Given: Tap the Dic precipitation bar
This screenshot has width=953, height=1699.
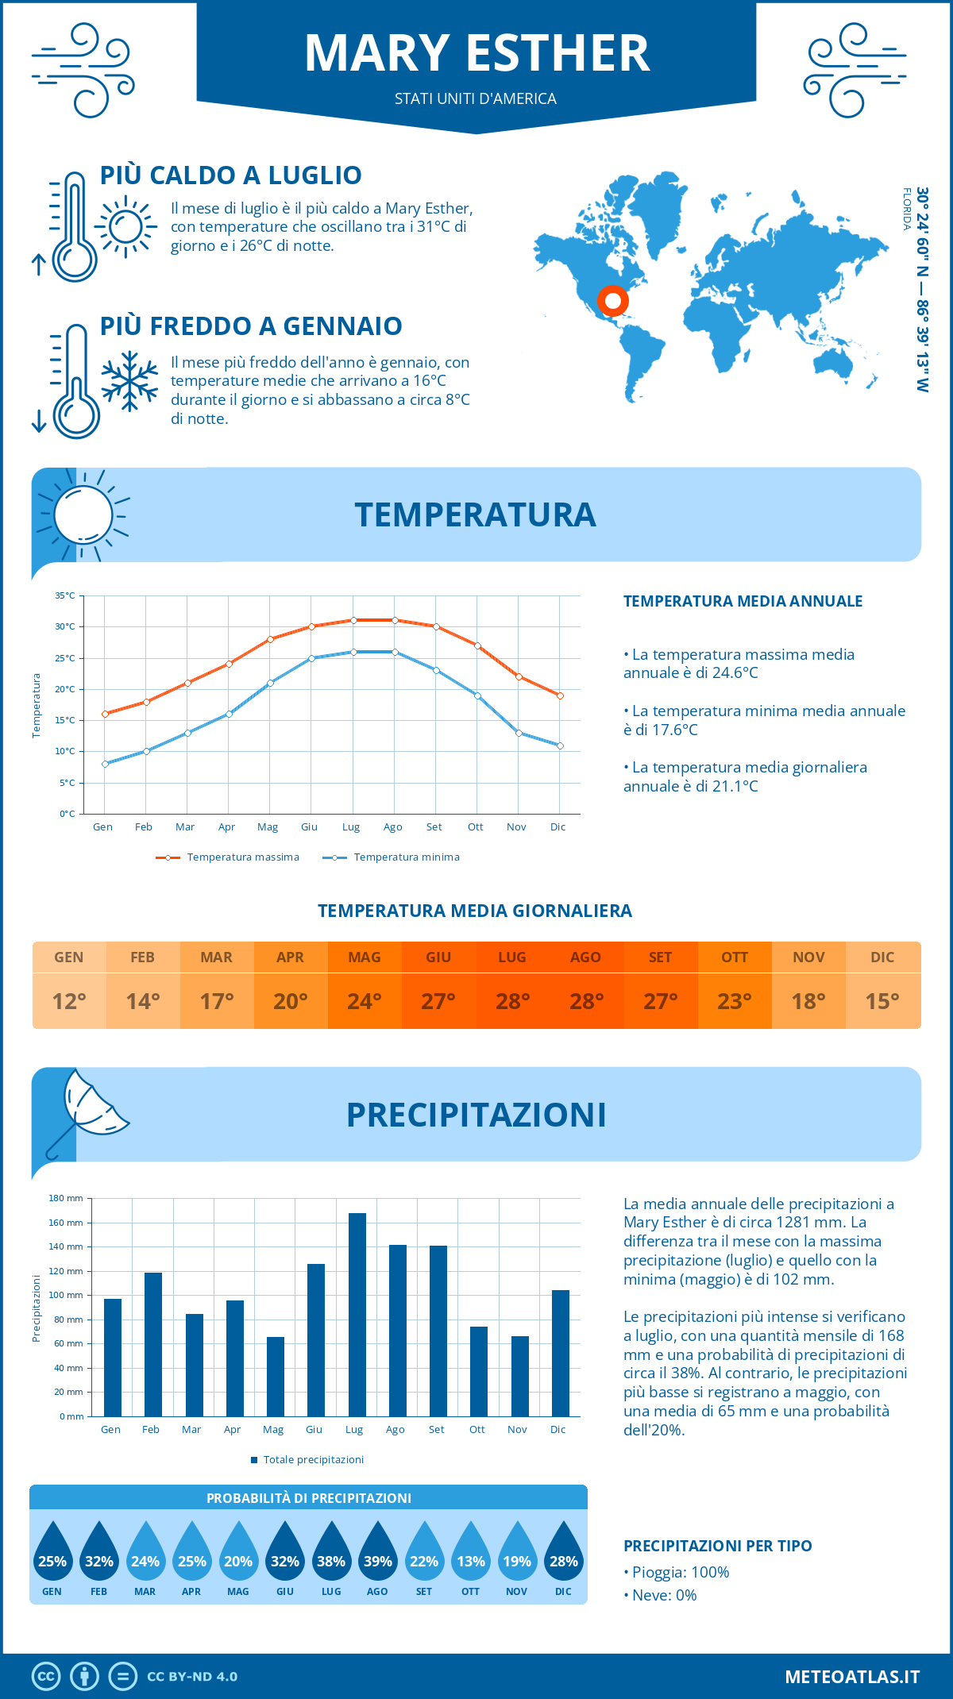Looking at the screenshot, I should pos(561,1353).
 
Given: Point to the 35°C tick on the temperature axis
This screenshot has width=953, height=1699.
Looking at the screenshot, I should pos(65,595).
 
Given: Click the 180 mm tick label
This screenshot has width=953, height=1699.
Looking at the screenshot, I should pos(66,1198).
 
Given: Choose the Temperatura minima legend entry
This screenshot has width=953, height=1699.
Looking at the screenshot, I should pos(392,857).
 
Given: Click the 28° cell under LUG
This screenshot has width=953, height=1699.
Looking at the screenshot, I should pos(512,1001).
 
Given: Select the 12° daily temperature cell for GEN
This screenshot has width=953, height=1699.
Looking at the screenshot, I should pos(69,1001).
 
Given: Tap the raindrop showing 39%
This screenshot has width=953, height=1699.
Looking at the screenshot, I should pos(377,1556).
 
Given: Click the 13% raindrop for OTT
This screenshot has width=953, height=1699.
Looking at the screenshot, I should pos(470,1556).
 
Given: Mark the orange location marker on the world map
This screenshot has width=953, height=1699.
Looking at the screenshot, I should pos(612,301).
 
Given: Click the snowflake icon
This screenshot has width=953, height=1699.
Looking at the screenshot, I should pos(129,381).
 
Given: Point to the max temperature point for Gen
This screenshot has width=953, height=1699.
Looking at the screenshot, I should pos(105,714).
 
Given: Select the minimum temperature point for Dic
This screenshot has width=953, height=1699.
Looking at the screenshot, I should pos(560,745).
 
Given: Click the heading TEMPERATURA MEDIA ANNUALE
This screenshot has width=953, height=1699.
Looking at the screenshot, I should pos(743,601).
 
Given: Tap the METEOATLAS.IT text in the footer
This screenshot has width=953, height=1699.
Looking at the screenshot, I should pos(852,1677).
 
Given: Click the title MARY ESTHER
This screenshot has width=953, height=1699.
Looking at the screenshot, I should pos(476,54).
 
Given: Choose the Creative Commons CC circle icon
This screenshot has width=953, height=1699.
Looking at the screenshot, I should pos(46,1677).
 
